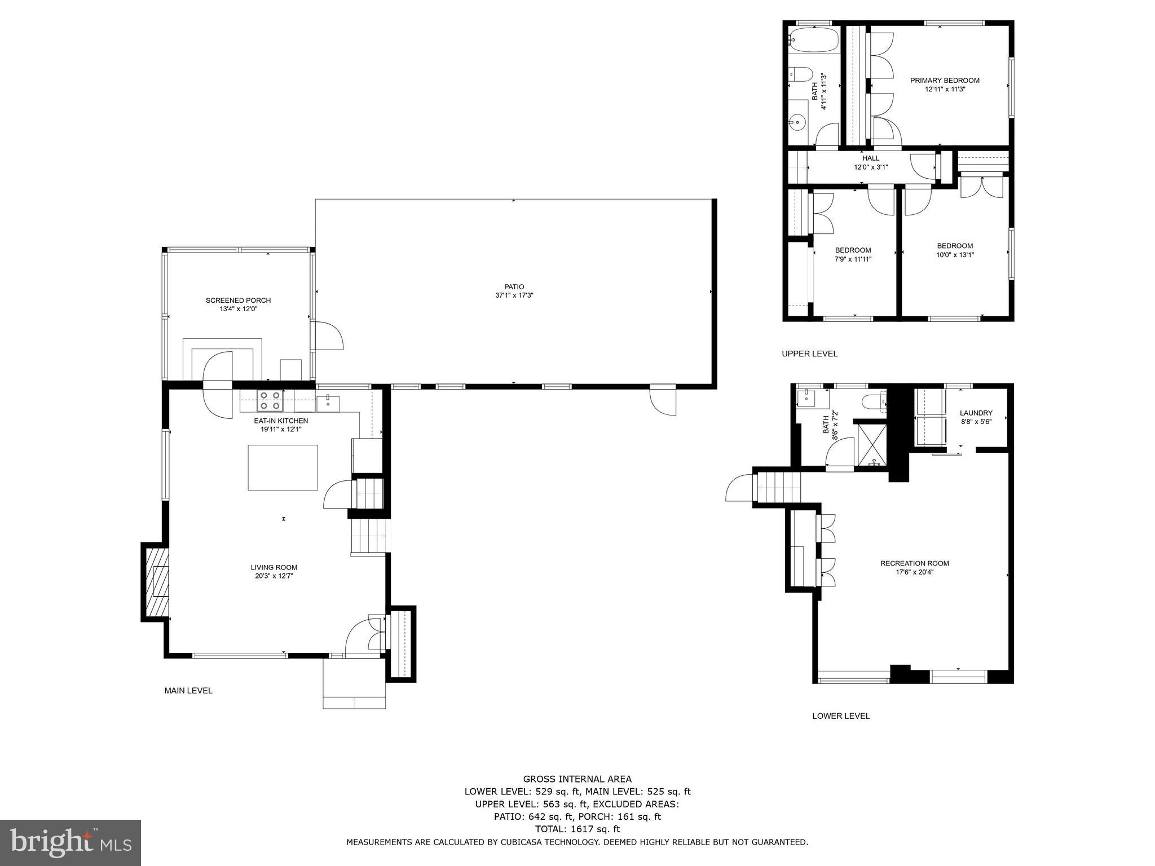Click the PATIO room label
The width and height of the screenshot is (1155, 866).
tap(514, 287)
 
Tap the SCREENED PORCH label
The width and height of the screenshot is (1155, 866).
tap(238, 301)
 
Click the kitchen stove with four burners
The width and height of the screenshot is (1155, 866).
tap(270, 400)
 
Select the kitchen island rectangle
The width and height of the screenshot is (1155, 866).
tap(283, 467)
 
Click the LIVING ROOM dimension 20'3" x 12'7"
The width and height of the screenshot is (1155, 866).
tap(274, 576)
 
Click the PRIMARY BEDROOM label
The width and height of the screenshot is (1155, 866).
tap(945, 81)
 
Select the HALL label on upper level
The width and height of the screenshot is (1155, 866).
tap(871, 158)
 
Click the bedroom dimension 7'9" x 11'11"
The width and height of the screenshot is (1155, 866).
tap(853, 259)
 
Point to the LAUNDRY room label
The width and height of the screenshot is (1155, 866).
tap(976, 413)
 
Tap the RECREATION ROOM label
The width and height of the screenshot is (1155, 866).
tap(915, 563)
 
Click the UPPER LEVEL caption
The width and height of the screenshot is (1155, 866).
tap(809, 354)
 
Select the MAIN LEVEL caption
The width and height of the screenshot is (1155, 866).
tap(188, 691)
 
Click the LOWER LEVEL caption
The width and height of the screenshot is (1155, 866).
tap(841, 716)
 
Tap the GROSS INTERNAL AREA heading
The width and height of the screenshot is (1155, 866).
tap(577, 779)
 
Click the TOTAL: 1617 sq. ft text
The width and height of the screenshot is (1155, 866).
tap(577, 829)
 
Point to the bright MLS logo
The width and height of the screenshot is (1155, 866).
tap(70, 843)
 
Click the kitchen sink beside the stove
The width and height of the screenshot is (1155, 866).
tap(328, 401)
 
